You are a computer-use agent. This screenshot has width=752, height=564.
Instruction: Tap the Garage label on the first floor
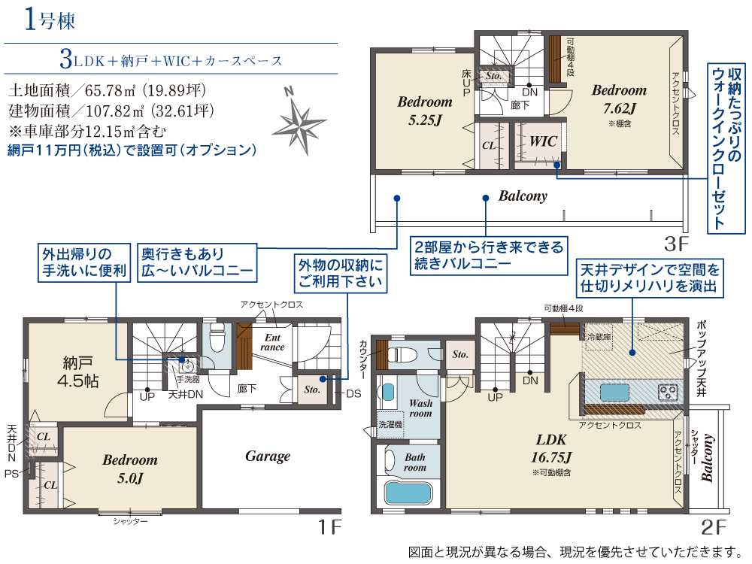(x=268, y=456)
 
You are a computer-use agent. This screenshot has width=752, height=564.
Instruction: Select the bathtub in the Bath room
(x=408, y=493)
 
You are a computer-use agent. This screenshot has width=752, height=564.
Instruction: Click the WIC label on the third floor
(x=542, y=141)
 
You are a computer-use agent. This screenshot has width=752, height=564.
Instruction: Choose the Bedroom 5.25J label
(x=425, y=110)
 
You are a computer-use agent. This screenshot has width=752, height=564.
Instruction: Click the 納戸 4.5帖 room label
(x=77, y=371)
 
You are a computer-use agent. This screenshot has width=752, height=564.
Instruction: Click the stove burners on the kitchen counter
(x=668, y=391)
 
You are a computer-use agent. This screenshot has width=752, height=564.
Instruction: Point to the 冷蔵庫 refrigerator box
(x=600, y=336)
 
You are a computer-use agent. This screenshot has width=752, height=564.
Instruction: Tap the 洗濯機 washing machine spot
(x=390, y=425)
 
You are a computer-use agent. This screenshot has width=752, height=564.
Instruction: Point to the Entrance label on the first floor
(x=272, y=342)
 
